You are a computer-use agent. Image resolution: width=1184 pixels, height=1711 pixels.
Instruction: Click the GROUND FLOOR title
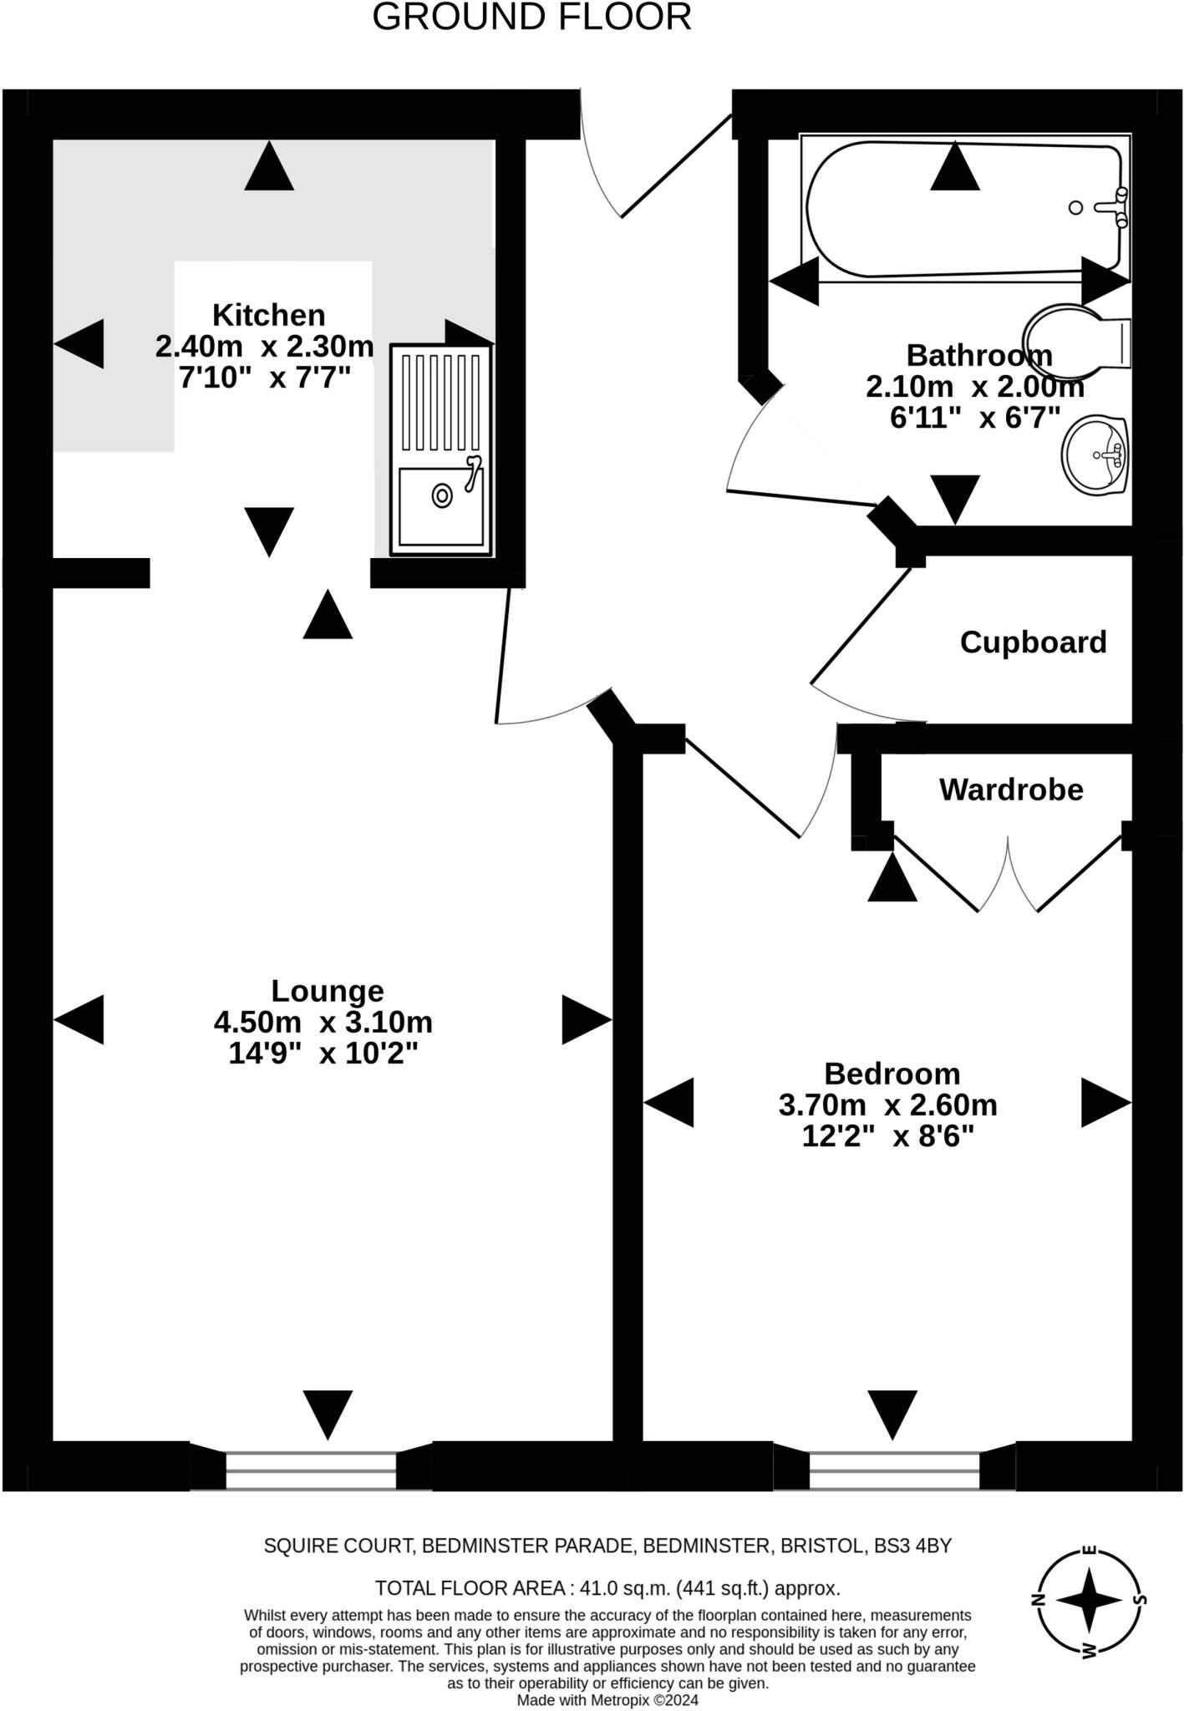[531, 17]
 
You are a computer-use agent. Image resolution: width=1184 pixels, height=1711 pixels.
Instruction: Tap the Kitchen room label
[268, 315]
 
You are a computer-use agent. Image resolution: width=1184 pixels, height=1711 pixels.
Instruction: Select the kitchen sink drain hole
[442, 495]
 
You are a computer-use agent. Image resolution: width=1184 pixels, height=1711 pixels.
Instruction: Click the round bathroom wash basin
[1096, 455]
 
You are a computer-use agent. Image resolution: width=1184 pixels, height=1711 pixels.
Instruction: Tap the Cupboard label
[1033, 642]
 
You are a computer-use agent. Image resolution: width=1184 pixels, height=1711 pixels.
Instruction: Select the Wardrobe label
[1011, 789]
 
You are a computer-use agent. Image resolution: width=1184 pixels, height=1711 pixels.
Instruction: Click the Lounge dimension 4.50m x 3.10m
[323, 1022]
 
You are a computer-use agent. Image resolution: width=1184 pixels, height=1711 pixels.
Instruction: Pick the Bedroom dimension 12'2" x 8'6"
[888, 1136]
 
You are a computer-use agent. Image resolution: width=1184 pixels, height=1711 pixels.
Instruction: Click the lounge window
[311, 1470]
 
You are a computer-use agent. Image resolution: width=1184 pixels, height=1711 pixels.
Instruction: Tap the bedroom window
[894, 1470]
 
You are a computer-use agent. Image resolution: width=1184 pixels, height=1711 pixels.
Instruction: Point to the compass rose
[1090, 1599]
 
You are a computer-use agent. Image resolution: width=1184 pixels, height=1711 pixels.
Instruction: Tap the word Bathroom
[979, 355]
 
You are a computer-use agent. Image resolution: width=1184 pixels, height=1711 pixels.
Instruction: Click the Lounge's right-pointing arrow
[587, 1020]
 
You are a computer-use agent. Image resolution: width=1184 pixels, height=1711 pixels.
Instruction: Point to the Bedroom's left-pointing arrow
[668, 1103]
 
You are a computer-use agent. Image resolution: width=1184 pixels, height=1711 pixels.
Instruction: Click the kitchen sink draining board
[441, 404]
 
